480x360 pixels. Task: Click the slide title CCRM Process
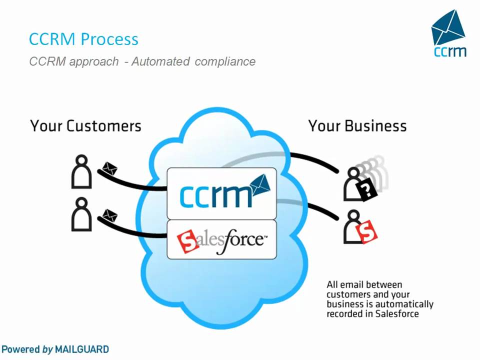tap(83, 39)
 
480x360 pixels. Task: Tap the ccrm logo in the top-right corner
tap(448, 34)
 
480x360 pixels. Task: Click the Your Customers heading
tap(85, 125)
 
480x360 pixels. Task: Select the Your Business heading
tap(357, 125)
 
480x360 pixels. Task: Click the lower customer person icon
tap(81, 214)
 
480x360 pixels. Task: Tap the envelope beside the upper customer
tap(109, 168)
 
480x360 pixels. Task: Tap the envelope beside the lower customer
tap(109, 216)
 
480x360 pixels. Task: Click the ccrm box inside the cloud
tap(221, 193)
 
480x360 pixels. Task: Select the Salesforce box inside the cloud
tap(221, 239)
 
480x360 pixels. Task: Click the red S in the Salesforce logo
tap(188, 241)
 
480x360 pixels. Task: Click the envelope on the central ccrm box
tap(260, 185)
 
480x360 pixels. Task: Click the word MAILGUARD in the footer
tap(81, 349)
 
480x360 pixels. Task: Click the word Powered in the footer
tap(20, 349)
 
